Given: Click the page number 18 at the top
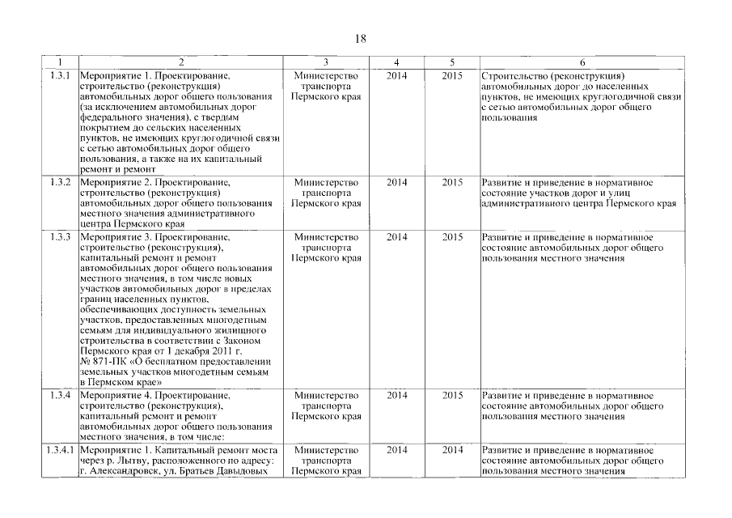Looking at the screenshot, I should click(x=361, y=39).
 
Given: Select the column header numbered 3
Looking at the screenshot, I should click(x=325, y=63).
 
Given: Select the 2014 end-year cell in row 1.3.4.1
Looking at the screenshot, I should click(x=453, y=449).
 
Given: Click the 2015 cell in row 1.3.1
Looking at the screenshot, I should click(x=453, y=76).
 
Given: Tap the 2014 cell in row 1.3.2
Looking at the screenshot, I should click(x=397, y=182).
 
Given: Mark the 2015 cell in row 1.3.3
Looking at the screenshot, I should click(x=453, y=237).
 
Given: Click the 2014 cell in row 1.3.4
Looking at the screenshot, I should click(x=397, y=395).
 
